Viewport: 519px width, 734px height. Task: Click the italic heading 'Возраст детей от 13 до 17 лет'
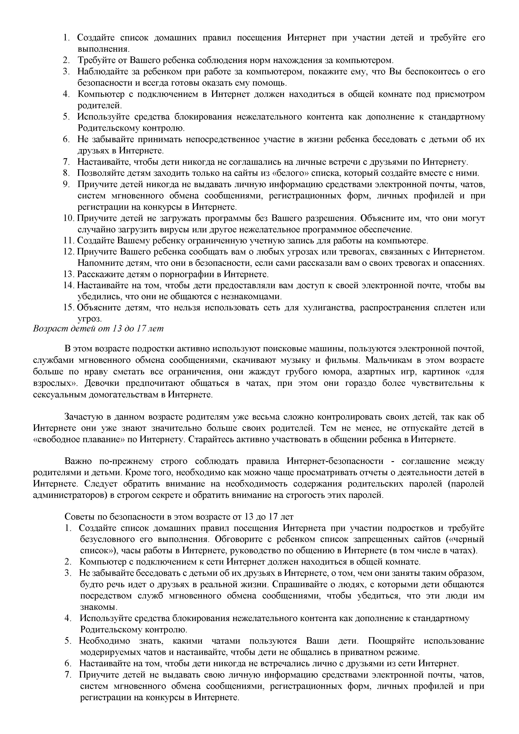pyautogui.click(x=98, y=329)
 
